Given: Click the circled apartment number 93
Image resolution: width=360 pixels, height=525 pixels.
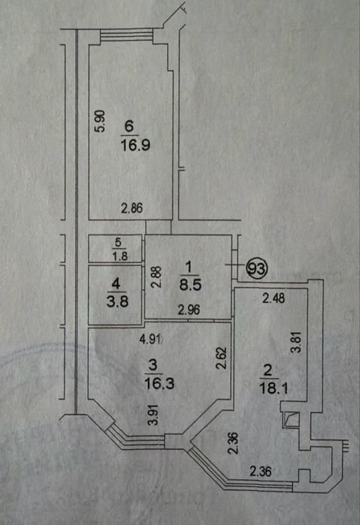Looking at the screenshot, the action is (257, 268).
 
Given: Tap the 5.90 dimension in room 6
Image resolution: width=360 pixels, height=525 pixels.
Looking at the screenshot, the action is (100, 121).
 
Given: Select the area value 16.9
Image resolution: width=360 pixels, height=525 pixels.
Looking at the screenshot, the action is (135, 145).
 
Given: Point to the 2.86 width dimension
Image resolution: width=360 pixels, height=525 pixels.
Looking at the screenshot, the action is (132, 208).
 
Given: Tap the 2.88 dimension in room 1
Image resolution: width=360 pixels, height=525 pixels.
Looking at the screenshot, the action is (157, 277).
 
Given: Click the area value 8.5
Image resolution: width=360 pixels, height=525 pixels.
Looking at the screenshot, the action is (190, 285).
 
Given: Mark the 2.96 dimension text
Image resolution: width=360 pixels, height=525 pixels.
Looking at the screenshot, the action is (189, 310).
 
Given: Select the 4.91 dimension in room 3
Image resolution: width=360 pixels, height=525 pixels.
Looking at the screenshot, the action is (150, 339).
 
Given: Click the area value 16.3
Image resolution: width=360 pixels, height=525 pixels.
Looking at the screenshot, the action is (159, 383).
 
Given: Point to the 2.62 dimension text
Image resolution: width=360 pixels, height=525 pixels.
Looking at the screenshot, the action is (222, 358).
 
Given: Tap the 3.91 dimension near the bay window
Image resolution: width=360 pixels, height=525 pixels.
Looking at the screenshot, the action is (153, 415).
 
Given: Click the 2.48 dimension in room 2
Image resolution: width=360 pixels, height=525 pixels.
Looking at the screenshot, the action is (274, 298).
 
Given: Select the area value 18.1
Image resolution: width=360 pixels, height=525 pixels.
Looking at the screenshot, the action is (274, 389).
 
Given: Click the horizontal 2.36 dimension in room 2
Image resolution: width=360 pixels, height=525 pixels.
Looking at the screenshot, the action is (261, 472).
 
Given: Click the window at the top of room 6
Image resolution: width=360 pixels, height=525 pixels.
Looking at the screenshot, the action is (127, 35).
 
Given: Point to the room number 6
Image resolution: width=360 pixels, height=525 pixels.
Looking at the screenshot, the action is (129, 126).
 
